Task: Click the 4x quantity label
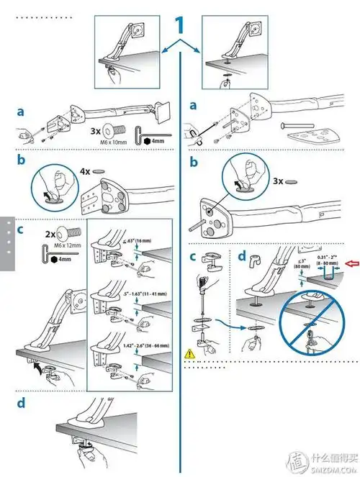(85, 173)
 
